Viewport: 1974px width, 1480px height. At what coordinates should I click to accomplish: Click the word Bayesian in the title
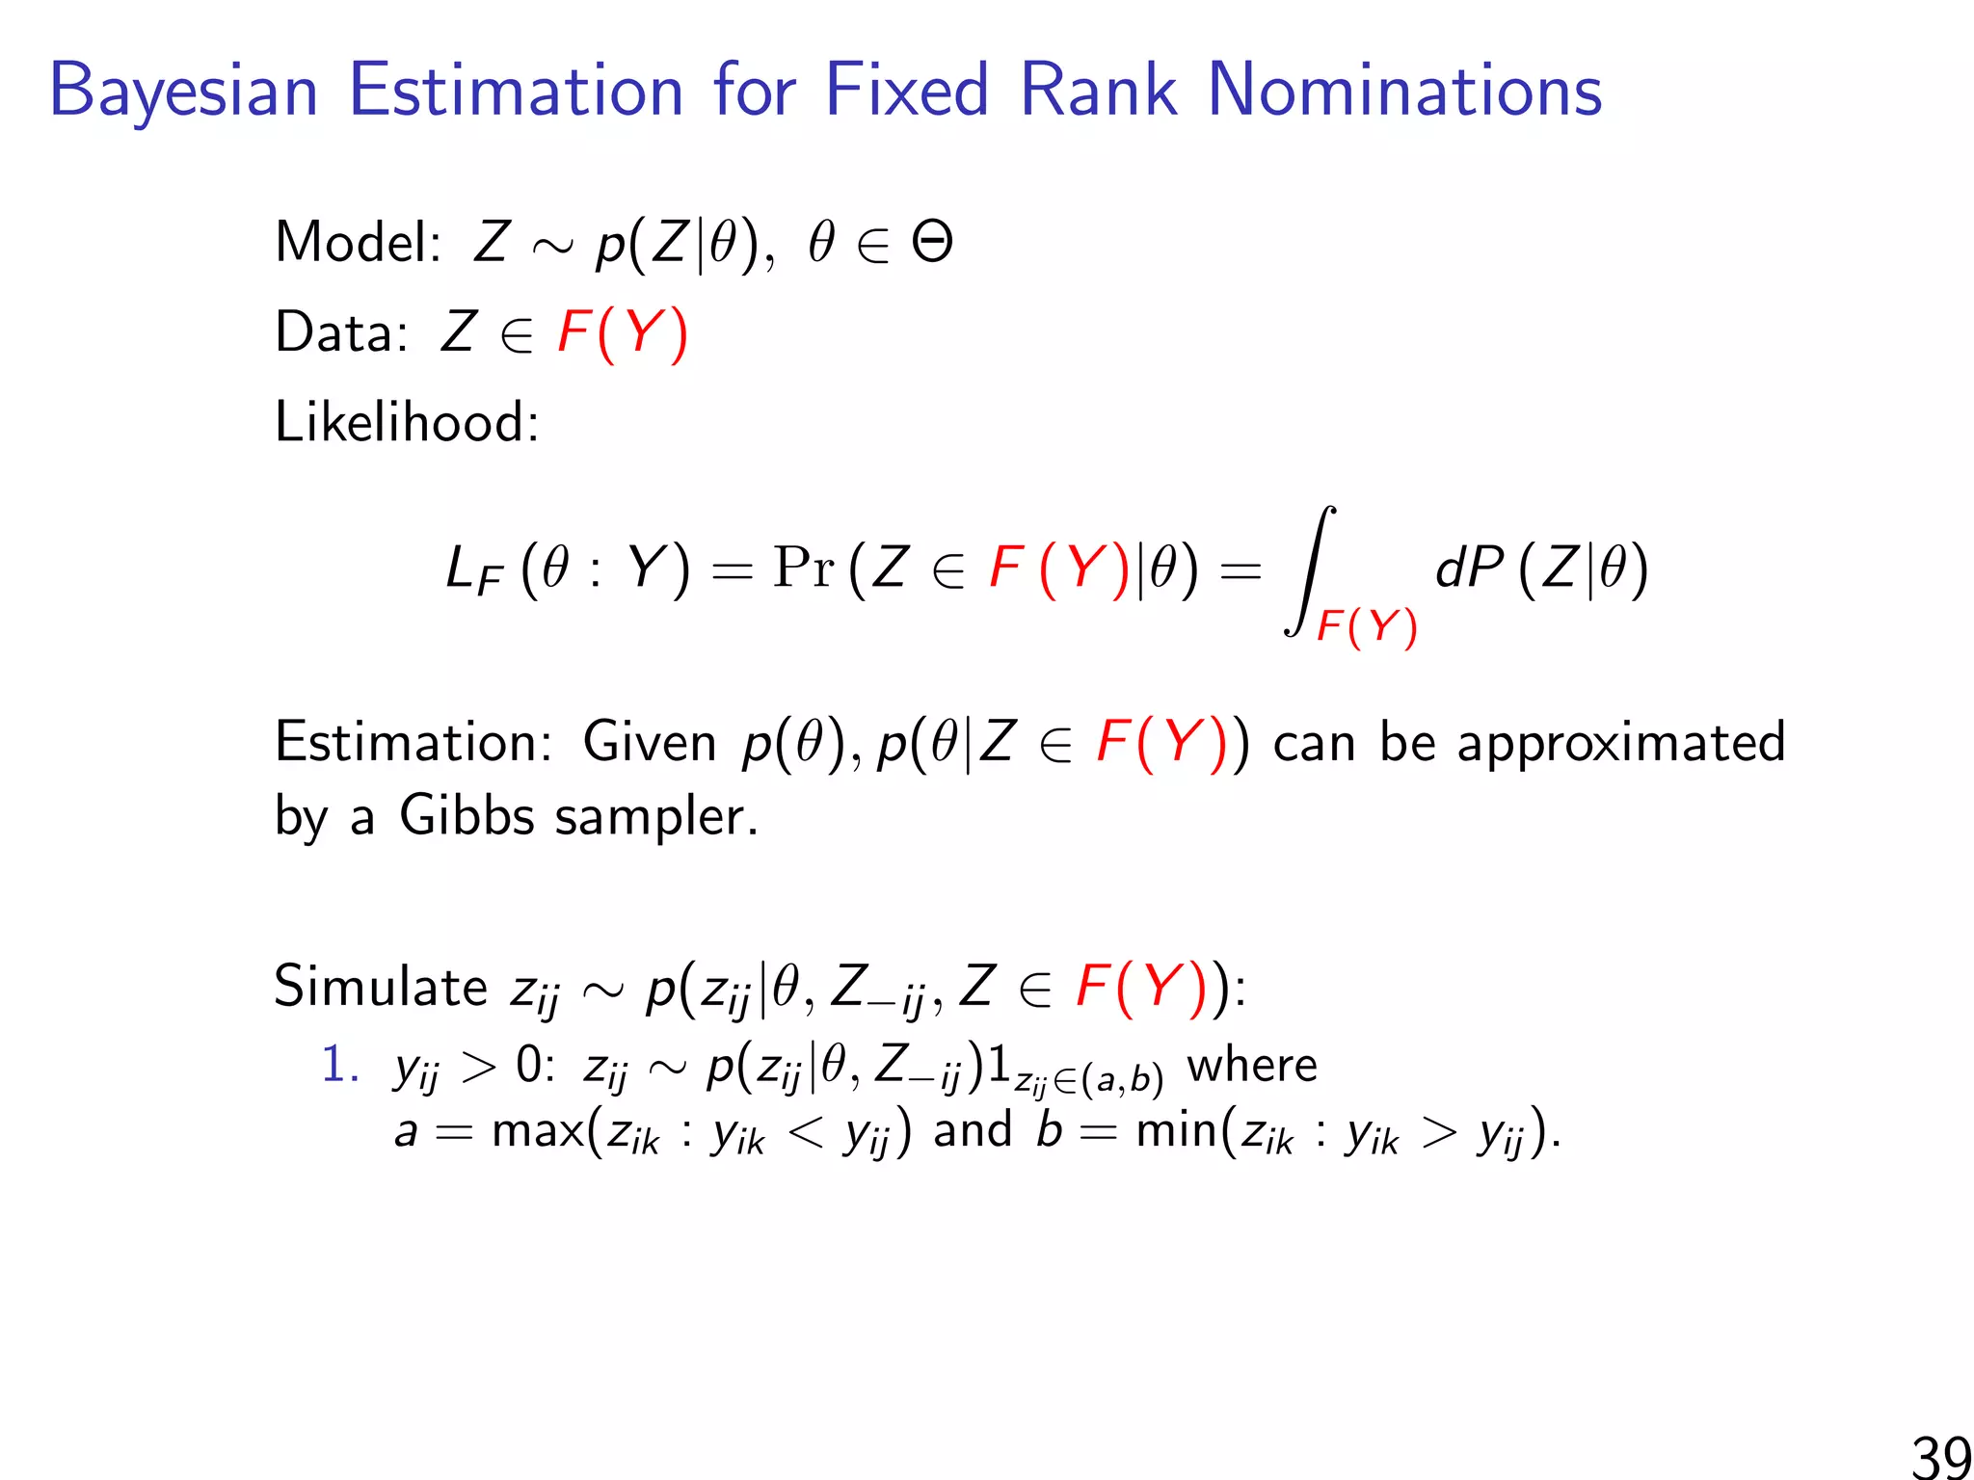183,92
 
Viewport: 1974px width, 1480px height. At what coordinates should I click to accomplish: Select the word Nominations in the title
1404,92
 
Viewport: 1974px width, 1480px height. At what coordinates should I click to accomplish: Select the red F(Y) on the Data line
623,334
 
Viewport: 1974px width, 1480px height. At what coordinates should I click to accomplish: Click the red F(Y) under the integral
1367,627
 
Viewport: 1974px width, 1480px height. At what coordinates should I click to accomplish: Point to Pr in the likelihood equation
803,568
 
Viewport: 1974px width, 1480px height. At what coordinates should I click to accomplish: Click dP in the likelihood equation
1468,568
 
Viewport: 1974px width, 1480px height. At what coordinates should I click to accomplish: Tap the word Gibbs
467,816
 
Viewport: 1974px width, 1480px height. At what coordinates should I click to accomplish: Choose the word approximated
1620,744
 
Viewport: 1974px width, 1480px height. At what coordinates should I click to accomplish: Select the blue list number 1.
339,1066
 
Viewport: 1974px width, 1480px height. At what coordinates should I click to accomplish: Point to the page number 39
1940,1455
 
